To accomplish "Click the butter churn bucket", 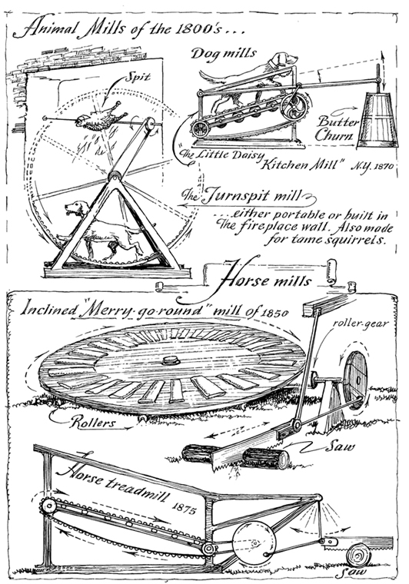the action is pos(377,121).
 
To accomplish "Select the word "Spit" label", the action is pos(137,77).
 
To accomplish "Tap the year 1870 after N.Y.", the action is pos(383,166).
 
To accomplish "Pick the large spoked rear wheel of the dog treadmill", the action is pos(294,106).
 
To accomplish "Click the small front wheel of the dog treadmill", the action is pos(201,129).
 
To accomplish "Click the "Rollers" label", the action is pos(93,423).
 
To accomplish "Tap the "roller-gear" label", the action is pos(361,324).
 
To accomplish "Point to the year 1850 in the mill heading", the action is pos(274,313).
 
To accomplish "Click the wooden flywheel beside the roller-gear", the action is pos(355,379).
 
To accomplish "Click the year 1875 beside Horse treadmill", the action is pos(184,508).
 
